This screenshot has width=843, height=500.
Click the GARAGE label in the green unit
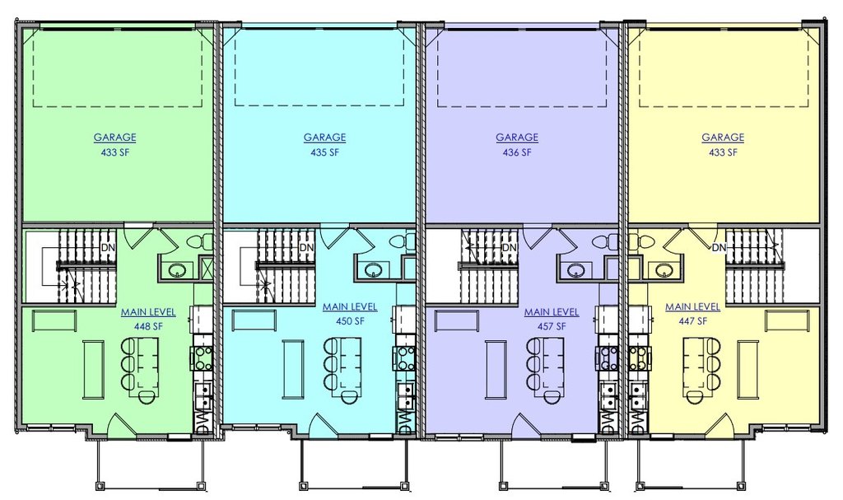[115, 138]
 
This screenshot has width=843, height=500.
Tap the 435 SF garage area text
[324, 152]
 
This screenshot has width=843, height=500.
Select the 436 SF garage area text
[517, 152]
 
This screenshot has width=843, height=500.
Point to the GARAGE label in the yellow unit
[723, 138]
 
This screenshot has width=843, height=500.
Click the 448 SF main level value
[148, 326]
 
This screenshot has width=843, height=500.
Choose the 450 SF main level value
[350, 321]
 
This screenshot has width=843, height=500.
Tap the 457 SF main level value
[552, 326]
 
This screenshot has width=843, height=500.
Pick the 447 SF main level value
[693, 321]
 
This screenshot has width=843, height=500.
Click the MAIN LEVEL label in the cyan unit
[350, 306]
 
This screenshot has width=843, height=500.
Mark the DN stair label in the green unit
[108, 248]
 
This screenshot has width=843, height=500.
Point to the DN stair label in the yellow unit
[719, 248]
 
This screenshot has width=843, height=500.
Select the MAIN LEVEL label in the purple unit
[552, 311]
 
